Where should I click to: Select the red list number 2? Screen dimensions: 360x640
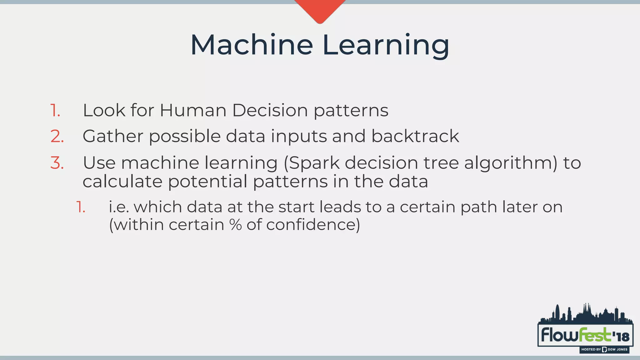[57, 137]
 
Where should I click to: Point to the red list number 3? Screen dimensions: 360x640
[57, 163]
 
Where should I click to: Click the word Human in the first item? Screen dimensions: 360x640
[193, 110]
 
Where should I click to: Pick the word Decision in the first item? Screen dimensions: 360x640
[270, 110]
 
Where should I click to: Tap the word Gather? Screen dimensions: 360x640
[113, 137]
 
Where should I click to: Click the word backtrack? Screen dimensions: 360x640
[415, 136]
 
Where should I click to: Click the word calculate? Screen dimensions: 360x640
[122, 182]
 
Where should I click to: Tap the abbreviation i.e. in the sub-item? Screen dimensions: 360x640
[119, 207]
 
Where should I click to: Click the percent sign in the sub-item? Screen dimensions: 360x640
[235, 225]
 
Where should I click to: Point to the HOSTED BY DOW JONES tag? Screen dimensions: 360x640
[604, 349]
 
